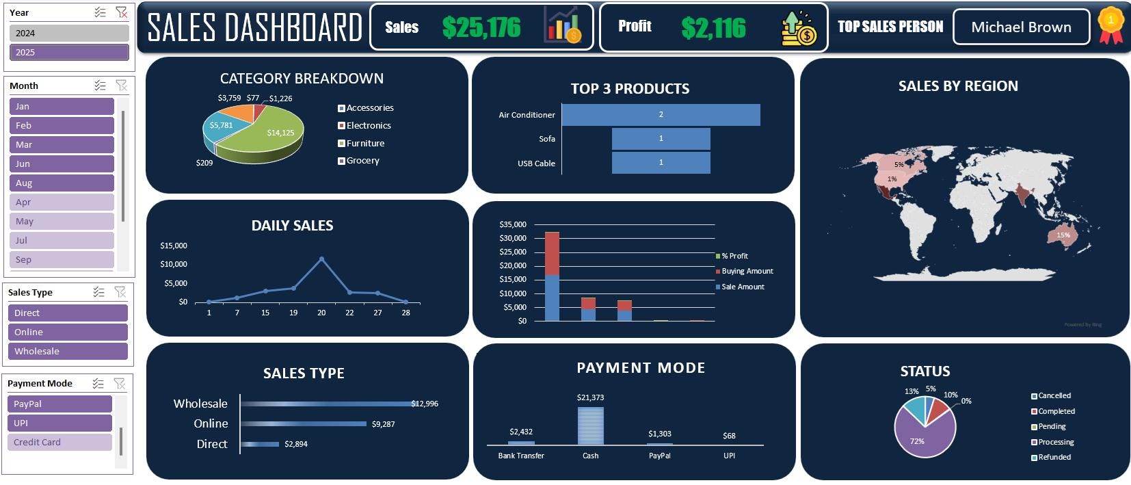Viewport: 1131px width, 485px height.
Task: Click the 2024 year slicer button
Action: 68,33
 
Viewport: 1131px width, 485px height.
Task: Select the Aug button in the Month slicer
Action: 62,183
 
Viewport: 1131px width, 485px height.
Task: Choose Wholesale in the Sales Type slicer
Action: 68,351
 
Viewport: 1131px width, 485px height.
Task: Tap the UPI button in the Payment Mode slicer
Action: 59,423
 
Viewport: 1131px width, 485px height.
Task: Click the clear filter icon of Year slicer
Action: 121,12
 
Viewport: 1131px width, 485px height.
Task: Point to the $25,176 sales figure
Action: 481,27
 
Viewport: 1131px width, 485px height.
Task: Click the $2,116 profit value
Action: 713,27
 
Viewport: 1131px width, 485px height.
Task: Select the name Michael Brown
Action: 1020,27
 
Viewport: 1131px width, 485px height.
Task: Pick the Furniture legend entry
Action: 364,143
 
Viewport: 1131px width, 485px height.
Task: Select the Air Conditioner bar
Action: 661,115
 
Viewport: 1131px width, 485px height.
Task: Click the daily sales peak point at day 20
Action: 321,259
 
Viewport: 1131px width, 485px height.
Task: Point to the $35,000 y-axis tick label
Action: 513,224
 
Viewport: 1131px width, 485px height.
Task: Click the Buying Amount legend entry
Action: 747,271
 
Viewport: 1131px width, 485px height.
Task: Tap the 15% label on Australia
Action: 1063,235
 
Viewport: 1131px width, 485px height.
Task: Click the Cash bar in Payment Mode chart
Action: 590,425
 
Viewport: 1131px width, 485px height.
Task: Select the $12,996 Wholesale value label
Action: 425,404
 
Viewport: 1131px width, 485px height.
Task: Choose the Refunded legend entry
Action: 1054,457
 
